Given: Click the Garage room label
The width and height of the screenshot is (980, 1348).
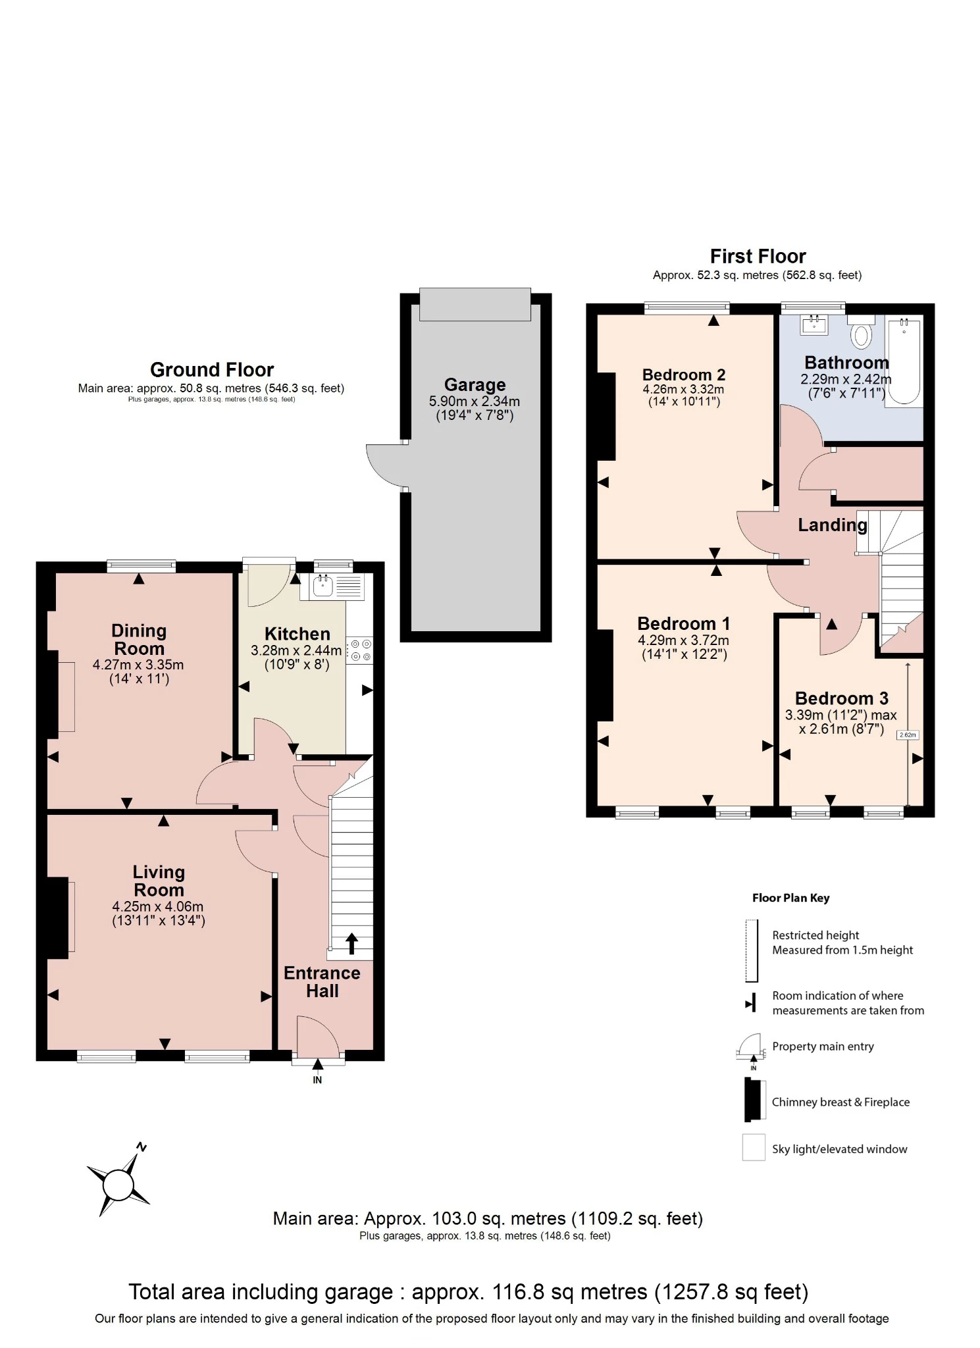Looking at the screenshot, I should (475, 384).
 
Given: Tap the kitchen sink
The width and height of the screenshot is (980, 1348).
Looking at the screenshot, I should (322, 585).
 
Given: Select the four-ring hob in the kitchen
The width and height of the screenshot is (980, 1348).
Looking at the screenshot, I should (360, 650).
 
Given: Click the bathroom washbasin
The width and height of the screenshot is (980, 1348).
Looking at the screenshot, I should (814, 324).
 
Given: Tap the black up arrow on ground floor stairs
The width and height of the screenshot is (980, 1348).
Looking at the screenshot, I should (351, 943).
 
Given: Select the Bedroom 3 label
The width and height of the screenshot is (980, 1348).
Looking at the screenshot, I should (841, 698).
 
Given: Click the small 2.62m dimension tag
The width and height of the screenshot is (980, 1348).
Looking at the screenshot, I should (907, 735).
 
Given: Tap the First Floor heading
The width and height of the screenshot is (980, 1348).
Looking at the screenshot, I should (758, 256).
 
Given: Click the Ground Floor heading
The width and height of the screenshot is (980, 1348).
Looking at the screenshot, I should (211, 369).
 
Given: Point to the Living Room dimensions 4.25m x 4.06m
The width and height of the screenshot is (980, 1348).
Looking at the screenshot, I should (158, 906).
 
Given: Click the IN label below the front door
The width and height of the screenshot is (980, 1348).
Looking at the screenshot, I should (317, 1080).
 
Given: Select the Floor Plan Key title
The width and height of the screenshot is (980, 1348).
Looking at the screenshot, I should (790, 898).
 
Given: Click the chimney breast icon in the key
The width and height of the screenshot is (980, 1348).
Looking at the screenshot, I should (749, 1101).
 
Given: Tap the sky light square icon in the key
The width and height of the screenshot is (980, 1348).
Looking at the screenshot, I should (754, 1148).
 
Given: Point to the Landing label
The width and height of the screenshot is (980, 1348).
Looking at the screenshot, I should (832, 525).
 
